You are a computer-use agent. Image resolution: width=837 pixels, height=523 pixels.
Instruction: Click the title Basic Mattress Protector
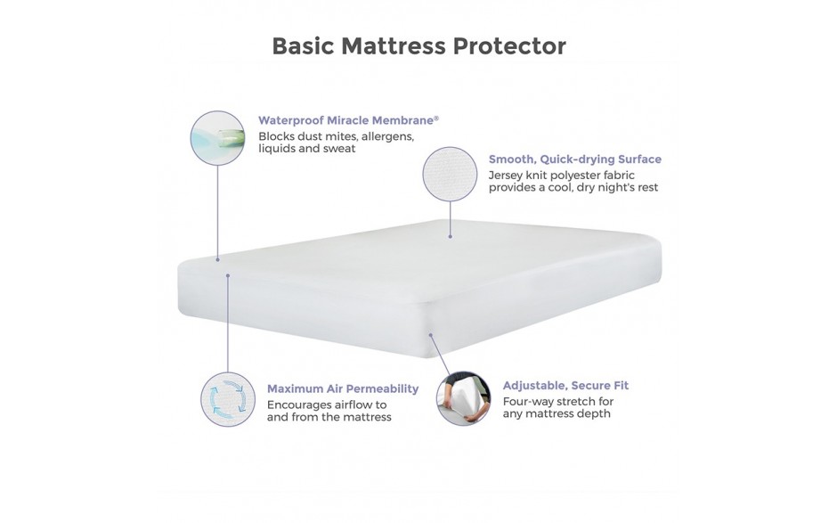coord(419,46)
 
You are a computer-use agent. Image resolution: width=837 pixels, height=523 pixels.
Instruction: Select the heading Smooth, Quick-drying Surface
coord(575,159)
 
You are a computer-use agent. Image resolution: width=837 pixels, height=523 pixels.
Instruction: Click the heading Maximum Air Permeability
coord(343,388)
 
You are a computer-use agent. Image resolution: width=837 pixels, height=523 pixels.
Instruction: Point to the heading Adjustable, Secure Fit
coord(565,385)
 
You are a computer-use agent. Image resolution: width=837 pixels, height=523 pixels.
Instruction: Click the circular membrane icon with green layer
coord(217,138)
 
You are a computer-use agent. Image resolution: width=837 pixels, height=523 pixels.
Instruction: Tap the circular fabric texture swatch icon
coord(450,174)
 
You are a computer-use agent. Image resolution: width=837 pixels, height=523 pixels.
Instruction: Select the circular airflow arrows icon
coord(227,399)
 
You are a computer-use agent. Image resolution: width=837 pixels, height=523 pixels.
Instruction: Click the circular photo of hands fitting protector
coord(463,398)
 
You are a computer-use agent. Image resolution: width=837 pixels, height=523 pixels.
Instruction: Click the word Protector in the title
coord(509,46)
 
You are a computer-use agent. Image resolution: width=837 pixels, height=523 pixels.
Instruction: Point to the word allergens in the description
coord(387,136)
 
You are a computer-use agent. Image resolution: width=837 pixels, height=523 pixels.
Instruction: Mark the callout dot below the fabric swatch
coord(450,236)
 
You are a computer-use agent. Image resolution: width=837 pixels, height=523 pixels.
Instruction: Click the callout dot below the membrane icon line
coord(217,259)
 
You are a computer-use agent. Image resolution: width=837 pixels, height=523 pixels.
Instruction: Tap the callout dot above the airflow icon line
coord(227,275)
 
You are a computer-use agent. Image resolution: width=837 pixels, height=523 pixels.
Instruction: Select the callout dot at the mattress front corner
coord(430,335)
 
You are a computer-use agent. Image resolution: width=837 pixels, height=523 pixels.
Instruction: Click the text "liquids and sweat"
coord(306,149)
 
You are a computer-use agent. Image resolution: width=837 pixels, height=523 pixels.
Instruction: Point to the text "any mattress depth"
coord(557,413)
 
